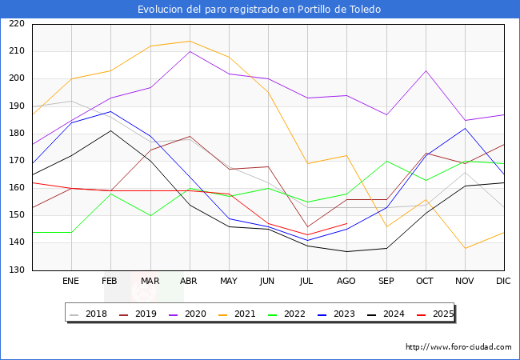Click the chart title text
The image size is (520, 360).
[x=259, y=10]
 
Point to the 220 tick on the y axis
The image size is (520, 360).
[x=16, y=24]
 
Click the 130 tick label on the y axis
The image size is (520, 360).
[x=16, y=270]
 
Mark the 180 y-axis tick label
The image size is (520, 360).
[x=16, y=134]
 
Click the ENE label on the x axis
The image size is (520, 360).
[x=71, y=281]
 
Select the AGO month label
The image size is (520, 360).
[x=346, y=281]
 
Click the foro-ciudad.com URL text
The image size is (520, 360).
[x=458, y=347]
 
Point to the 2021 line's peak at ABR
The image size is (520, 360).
[x=190, y=41]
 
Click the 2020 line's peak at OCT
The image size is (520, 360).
[x=426, y=70]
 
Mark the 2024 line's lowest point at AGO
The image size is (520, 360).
[x=346, y=251]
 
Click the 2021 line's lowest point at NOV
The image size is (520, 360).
[x=465, y=248]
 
